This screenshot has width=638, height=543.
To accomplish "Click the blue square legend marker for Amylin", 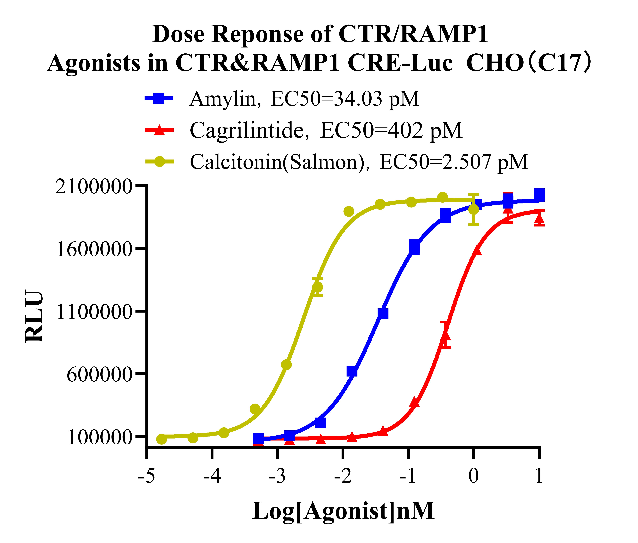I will [159, 99].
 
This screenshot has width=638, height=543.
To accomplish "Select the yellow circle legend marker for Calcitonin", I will [159, 162].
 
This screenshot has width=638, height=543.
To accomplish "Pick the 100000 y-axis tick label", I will [99, 437].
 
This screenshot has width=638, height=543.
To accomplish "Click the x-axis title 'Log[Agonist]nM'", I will [343, 511].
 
